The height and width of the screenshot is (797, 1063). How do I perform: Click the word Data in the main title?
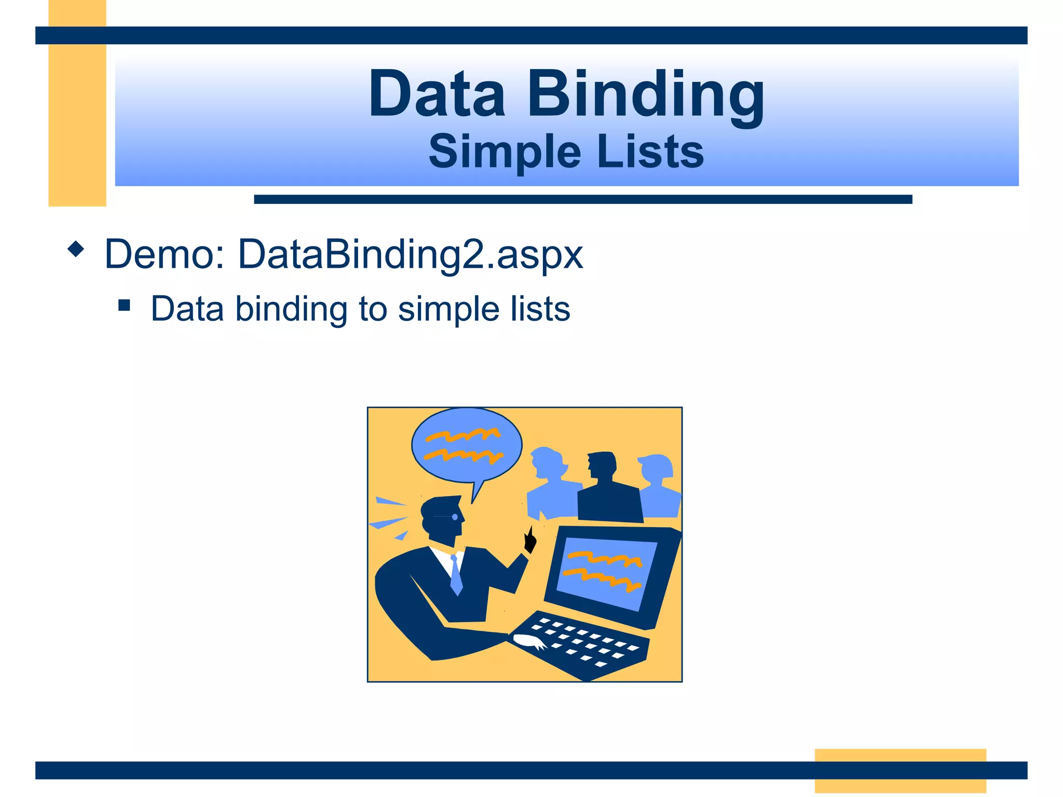click(437, 94)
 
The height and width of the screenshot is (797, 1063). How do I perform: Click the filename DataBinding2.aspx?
click(411, 255)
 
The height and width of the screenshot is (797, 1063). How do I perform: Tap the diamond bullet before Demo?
click(76, 249)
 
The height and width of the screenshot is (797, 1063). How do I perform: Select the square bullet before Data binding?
click(124, 305)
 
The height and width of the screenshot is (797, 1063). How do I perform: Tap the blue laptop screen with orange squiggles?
click(605, 573)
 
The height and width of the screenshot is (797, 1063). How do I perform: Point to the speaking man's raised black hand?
click(529, 540)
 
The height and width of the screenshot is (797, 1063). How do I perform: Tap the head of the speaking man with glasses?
click(441, 519)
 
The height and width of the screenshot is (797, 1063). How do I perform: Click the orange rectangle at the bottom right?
click(900, 770)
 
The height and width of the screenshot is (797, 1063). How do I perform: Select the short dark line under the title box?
click(582, 199)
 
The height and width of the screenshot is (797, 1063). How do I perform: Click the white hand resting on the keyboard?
click(529, 641)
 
